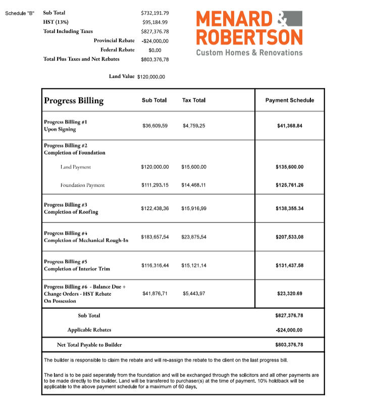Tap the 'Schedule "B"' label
(x=20, y=13)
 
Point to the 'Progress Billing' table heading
(x=74, y=101)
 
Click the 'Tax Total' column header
(x=193, y=100)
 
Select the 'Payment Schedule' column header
(x=289, y=100)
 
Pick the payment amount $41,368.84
(x=289, y=125)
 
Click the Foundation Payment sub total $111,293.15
(x=155, y=185)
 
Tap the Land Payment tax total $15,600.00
(x=194, y=166)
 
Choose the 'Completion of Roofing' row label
(x=71, y=212)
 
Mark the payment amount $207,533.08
(x=289, y=237)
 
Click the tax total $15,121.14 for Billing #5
(x=194, y=265)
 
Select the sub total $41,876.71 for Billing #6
(x=155, y=293)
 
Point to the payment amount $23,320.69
(x=289, y=293)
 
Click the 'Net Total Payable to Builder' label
(x=89, y=345)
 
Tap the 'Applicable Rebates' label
(x=89, y=330)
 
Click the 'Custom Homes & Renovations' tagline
(x=249, y=53)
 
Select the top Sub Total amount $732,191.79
(x=155, y=13)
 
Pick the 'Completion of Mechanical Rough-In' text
(x=86, y=240)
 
